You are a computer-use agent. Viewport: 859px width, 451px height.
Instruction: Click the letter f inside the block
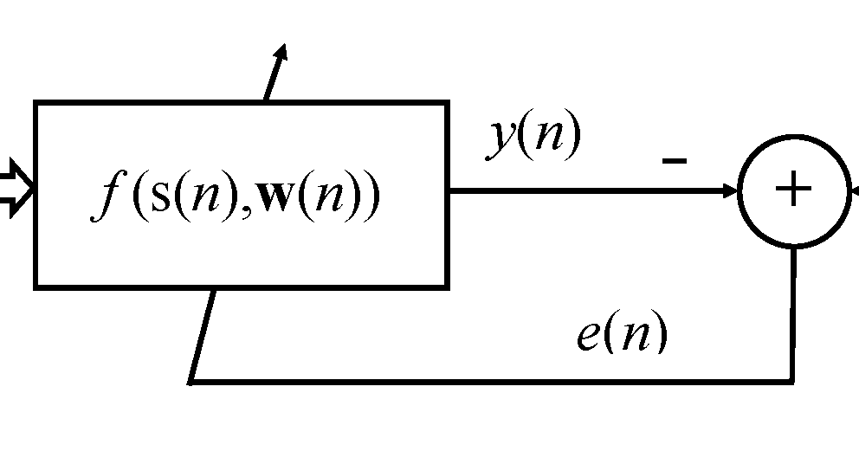click(109, 198)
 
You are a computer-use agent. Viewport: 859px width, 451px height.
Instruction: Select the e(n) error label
click(622, 334)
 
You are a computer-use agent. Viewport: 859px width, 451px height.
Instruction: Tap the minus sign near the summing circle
click(675, 160)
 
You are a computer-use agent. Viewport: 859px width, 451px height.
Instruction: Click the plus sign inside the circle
click(793, 190)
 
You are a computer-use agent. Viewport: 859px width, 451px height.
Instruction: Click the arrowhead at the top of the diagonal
click(281, 54)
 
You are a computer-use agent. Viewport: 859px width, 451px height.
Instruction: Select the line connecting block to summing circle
click(589, 190)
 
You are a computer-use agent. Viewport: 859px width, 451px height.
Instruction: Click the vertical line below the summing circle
click(793, 312)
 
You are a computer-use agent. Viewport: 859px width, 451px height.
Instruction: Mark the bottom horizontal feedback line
click(485, 381)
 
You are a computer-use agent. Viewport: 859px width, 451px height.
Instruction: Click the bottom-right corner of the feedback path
click(792, 380)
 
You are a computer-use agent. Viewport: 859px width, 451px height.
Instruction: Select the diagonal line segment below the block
click(202, 334)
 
